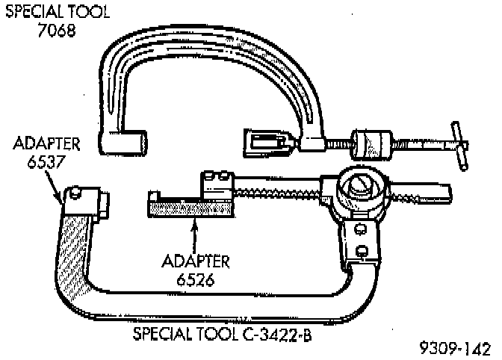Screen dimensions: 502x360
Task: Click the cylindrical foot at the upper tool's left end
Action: pos(125,142)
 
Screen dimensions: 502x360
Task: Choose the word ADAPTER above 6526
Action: pos(196,261)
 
